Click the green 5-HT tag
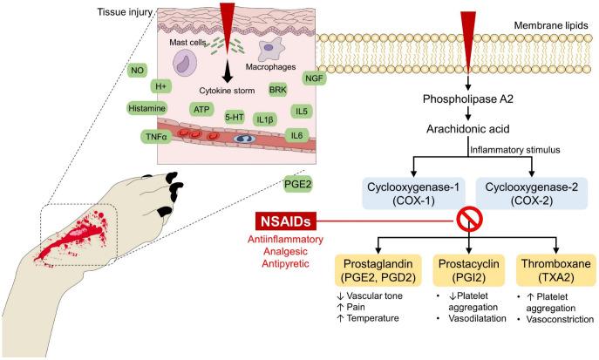click(x=234, y=115)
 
